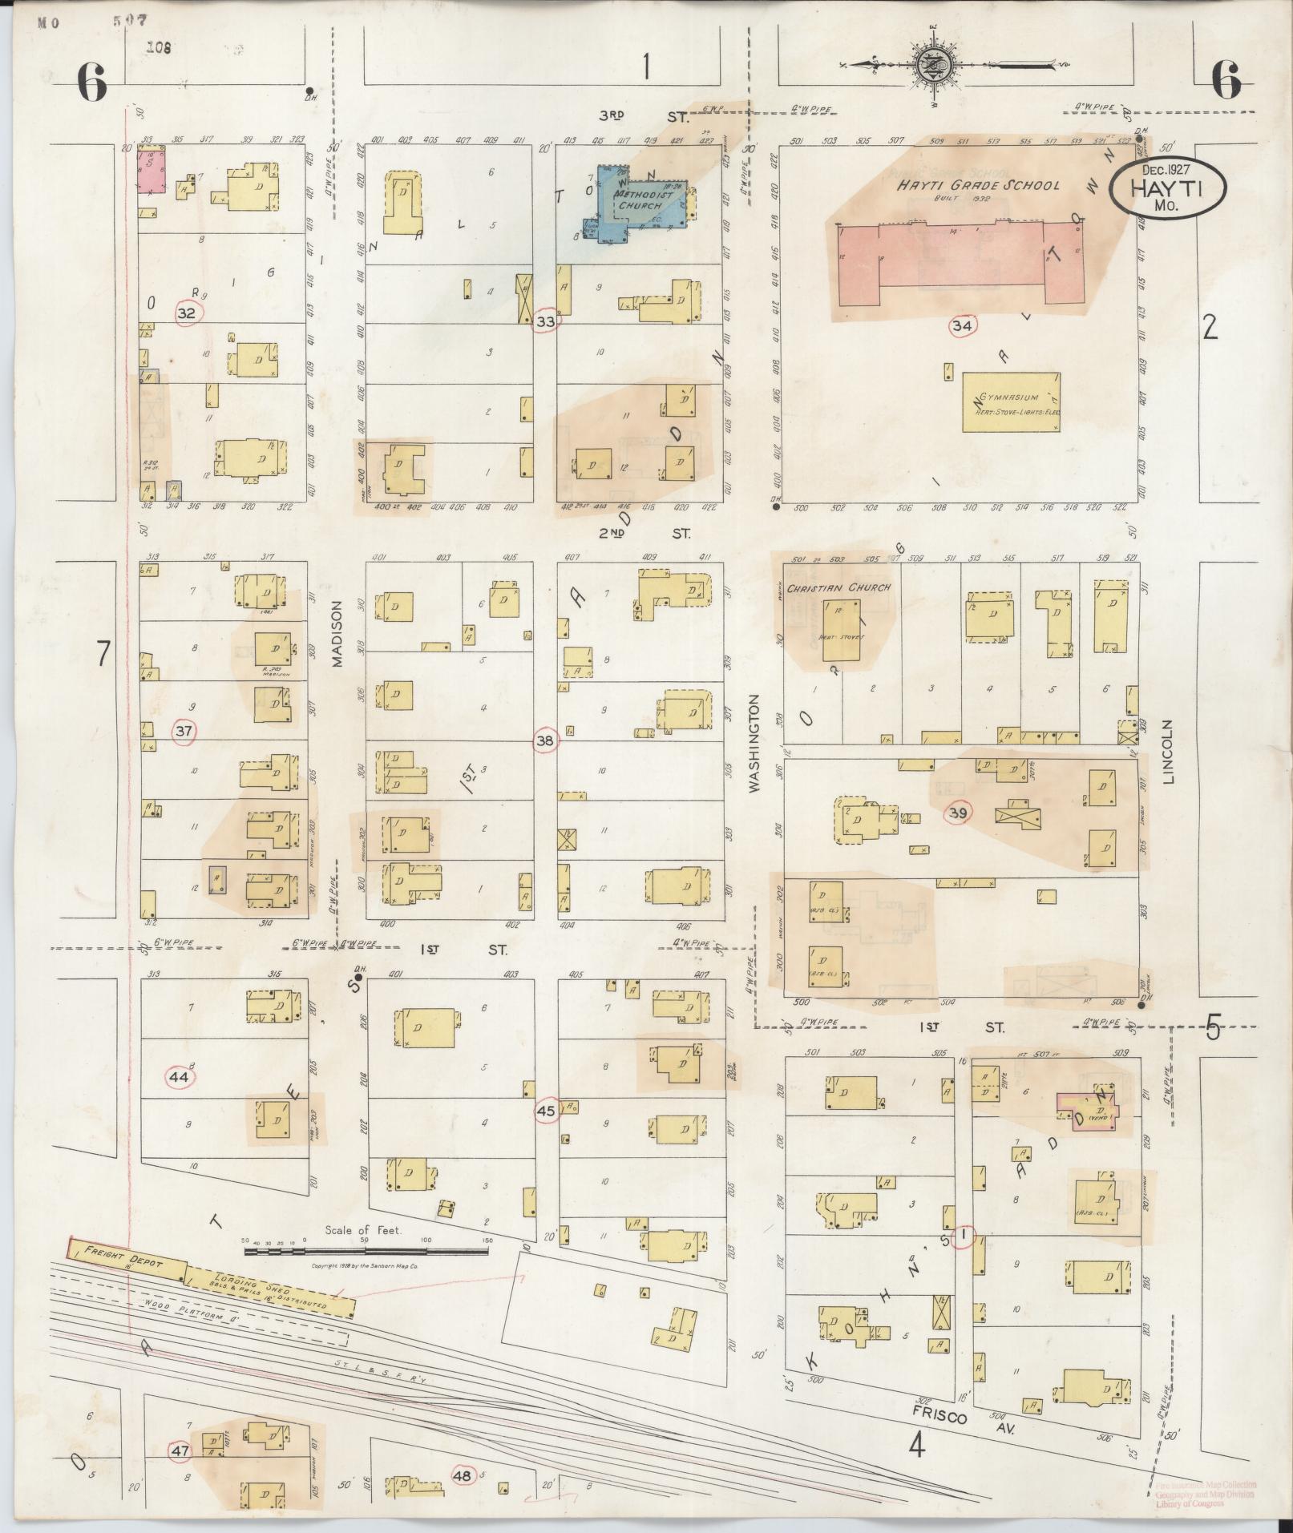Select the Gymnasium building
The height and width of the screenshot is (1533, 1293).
[x=1011, y=402]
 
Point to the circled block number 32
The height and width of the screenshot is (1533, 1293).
[x=186, y=313]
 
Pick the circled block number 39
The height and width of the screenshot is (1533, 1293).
[x=959, y=813]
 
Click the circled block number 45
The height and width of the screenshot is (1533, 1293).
[x=546, y=1111]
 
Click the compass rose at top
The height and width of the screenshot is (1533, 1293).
[x=935, y=63]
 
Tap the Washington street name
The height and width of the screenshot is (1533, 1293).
[x=754, y=744]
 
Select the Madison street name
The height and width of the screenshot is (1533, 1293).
[x=337, y=634]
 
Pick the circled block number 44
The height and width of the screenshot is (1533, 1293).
[x=179, y=1078]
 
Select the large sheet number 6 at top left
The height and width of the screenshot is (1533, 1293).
[x=92, y=83]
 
